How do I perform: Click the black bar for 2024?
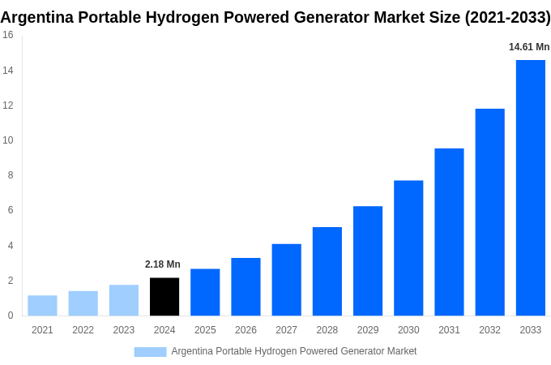(x=164, y=297)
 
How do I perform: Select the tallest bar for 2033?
(x=530, y=188)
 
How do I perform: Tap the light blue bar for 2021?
(x=42, y=306)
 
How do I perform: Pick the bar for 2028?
(x=327, y=272)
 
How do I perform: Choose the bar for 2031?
(x=449, y=232)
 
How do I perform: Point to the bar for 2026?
(x=246, y=287)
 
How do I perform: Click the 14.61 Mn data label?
(x=529, y=47)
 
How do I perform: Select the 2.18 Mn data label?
(x=163, y=264)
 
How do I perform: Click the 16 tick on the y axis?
(x=8, y=35)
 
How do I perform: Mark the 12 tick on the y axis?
(x=8, y=105)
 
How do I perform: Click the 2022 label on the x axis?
(x=83, y=330)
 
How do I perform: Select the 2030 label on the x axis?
(x=408, y=330)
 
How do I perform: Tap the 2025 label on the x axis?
(x=205, y=330)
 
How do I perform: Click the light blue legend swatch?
(x=150, y=351)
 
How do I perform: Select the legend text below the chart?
(x=293, y=351)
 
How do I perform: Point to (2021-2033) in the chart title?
(x=507, y=16)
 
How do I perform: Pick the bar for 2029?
(x=368, y=261)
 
